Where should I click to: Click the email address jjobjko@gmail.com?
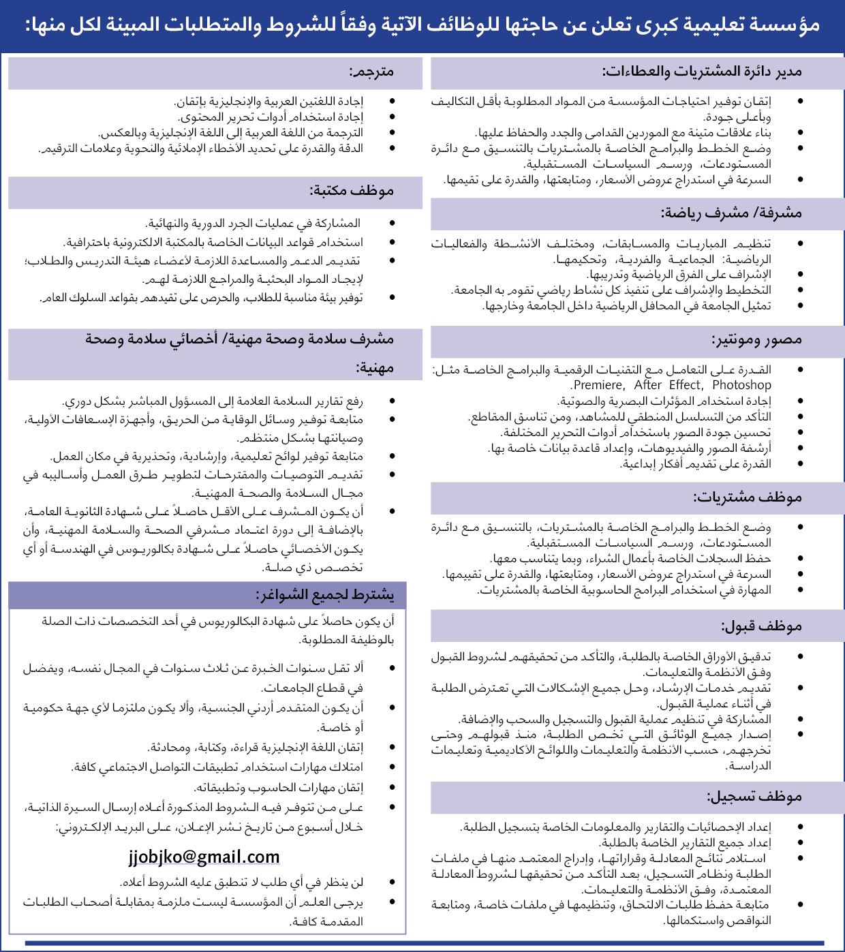204,857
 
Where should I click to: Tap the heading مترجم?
371,72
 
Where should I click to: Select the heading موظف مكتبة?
352,191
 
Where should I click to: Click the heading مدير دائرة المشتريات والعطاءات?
702,72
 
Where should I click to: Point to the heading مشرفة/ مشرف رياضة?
731,213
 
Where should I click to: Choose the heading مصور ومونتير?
757,339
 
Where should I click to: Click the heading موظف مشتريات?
748,497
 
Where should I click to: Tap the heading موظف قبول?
762,626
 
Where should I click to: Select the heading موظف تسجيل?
754,796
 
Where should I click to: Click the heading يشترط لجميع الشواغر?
325,596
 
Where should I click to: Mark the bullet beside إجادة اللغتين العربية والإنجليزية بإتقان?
392,102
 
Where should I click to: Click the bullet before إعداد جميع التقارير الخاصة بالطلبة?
800,843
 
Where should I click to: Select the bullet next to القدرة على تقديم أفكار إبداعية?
800,464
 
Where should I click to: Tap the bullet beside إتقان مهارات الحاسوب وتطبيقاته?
392,788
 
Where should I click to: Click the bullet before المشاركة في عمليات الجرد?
392,224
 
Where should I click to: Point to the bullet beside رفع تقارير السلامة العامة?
392,401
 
